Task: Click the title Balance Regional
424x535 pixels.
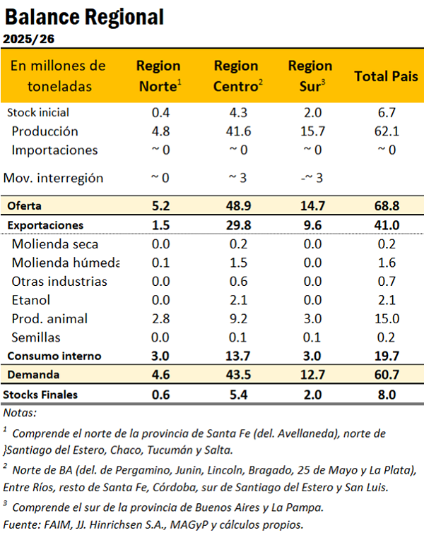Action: tap(84, 16)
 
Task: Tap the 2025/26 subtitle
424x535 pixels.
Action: tap(30, 39)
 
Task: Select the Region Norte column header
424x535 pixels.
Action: tap(159, 75)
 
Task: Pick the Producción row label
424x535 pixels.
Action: tap(45, 131)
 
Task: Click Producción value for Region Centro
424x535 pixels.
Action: tap(235, 131)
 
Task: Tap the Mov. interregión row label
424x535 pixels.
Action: tap(54, 178)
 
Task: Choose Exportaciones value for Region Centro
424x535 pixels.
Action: tap(235, 225)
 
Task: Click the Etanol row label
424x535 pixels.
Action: tap(30, 300)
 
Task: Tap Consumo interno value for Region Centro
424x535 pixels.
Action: tap(235, 356)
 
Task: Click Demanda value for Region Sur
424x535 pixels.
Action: tap(305, 375)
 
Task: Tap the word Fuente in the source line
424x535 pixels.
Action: tap(20, 524)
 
